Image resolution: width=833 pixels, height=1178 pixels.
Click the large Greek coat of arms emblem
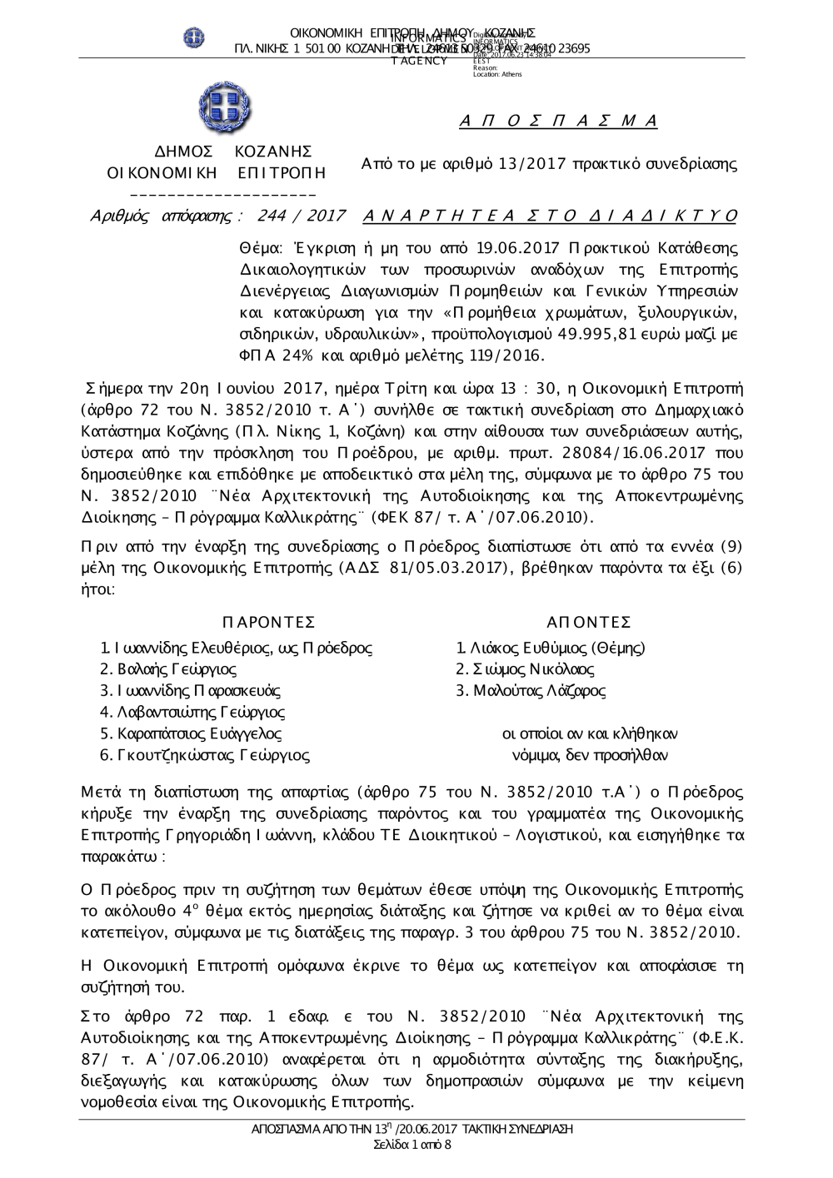tap(225, 108)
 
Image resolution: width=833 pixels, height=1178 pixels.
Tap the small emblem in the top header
tap(194, 37)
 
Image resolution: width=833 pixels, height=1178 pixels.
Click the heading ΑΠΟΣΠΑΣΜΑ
tap(559, 122)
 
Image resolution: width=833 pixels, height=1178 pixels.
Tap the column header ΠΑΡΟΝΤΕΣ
tap(270, 624)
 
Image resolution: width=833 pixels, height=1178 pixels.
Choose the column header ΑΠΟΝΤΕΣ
tap(589, 624)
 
